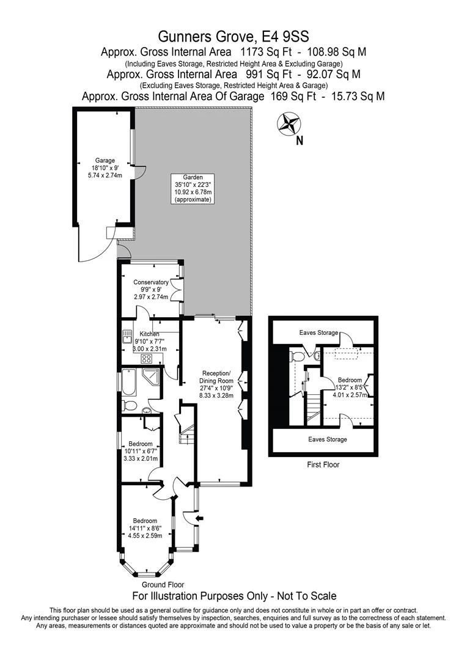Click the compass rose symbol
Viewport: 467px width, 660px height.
coord(288,123)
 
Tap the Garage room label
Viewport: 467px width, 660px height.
coord(105,160)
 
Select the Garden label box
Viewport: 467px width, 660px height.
coord(193,189)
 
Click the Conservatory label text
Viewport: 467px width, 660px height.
coord(151,282)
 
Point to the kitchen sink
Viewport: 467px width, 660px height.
coord(127,337)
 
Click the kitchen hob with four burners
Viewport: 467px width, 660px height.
coord(147,359)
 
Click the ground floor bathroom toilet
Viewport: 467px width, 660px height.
coord(129,406)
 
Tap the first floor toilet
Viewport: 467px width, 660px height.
coord(296,356)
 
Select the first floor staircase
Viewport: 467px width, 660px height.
coord(313,407)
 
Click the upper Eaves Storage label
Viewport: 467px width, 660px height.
coord(319,332)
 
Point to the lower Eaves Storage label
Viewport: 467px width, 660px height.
coord(328,439)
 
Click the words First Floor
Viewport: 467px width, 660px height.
coord(323,464)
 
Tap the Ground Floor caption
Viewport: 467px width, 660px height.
coord(163,585)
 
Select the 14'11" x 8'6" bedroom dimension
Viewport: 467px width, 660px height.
coord(145,528)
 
